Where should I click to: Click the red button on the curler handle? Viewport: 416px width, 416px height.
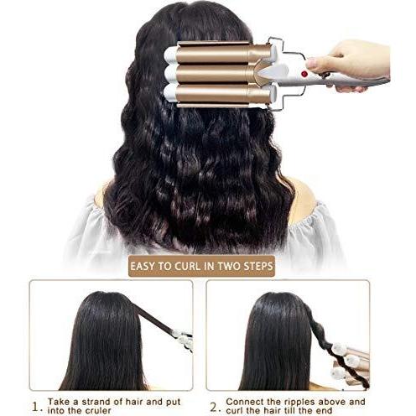(304, 74)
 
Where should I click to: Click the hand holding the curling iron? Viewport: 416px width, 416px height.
(350, 63)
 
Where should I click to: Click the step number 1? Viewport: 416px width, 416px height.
(36, 407)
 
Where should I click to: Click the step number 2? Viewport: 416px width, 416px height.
(214, 407)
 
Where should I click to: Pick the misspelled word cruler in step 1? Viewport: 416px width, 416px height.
(98, 411)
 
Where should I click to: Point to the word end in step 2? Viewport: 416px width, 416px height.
(325, 411)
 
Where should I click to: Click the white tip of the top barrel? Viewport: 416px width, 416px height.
(170, 55)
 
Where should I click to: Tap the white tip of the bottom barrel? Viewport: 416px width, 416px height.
(169, 93)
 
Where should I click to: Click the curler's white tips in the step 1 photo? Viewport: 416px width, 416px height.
(183, 339)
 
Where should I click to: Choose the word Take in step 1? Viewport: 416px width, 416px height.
(59, 402)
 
